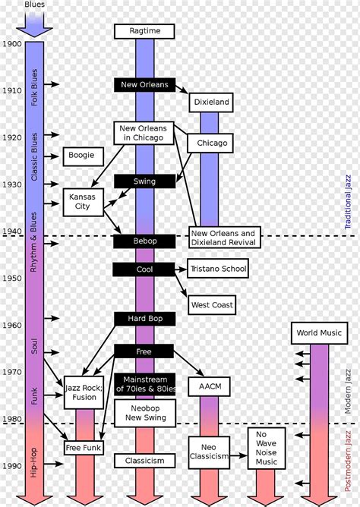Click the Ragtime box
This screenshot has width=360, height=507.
pos(144,31)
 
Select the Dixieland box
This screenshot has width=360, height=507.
pos(211,102)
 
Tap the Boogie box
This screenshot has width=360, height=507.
pos(83,156)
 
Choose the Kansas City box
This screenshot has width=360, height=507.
pos(83,202)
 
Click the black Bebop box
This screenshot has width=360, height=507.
pos(144,241)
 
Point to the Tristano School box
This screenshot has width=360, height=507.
pos(218,269)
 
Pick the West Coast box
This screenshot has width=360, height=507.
pos(212,305)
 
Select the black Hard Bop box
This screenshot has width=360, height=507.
pos(144,319)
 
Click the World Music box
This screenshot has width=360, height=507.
pos(319,333)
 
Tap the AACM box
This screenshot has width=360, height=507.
pos(210,386)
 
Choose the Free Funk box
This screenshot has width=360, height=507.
pos(84,448)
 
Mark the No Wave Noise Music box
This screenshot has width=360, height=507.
pos(267,448)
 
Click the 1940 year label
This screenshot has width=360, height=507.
pos(12,231)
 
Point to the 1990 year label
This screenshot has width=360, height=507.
pos(12,466)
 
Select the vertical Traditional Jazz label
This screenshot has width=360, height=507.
pos(348,202)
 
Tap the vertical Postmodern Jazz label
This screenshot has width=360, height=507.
pos(348,461)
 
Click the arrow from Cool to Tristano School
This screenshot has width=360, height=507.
pos(181,269)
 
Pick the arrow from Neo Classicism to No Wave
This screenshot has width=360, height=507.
pos(238,455)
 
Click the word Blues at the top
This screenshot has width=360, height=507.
pos(35,5)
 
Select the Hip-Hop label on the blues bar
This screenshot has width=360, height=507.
pos(34,462)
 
